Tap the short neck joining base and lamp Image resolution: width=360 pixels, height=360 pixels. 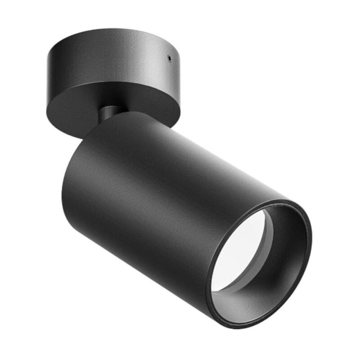109,112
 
